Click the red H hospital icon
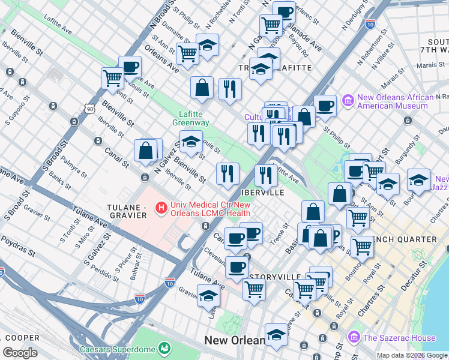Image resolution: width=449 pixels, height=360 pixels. tap(160, 208)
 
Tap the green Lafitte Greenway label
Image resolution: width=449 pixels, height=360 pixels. tap(194, 118)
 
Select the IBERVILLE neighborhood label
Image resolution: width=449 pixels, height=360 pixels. tap(262, 193)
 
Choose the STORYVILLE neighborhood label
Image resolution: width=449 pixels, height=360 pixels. tap(275, 276)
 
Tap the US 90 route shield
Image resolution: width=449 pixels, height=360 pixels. tap(89, 109)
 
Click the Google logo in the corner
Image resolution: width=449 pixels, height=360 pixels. tap(20, 353)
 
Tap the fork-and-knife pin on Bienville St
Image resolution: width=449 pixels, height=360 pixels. tap(227, 173)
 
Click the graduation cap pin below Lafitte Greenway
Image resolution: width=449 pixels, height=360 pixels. tap(191, 143)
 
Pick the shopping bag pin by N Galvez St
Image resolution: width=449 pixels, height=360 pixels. tap(146, 151)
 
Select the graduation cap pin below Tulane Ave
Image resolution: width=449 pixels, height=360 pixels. tap(208, 296)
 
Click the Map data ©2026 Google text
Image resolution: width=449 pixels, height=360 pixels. tap(411, 355)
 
